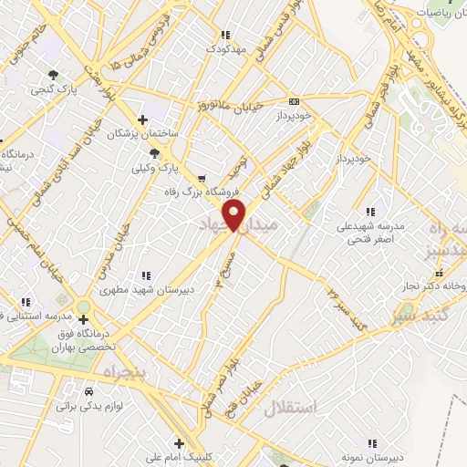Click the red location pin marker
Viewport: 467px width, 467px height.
234,216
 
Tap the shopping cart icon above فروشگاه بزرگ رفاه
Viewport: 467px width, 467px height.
201,178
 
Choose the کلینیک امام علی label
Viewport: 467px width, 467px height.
180,457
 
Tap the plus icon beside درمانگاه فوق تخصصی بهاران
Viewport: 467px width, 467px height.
84,319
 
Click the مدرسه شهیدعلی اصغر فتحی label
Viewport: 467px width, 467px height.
369,233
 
